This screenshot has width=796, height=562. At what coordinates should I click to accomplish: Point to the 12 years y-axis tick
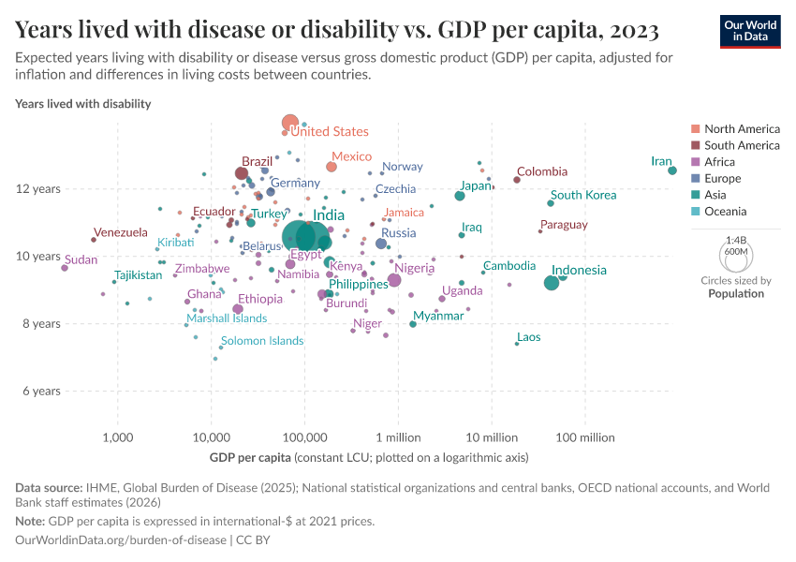click(x=41, y=189)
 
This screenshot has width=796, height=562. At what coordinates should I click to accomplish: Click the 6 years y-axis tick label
click(x=41, y=391)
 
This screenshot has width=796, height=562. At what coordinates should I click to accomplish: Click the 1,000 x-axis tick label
click(x=117, y=437)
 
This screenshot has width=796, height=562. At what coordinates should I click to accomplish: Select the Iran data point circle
click(x=672, y=170)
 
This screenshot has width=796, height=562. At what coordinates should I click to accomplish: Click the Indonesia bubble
click(x=552, y=283)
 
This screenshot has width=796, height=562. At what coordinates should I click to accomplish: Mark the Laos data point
click(x=517, y=344)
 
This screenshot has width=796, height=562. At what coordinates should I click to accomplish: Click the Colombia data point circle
click(x=517, y=180)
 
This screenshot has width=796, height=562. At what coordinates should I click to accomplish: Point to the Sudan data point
click(x=65, y=268)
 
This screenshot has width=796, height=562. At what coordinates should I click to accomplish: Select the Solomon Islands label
click(x=262, y=341)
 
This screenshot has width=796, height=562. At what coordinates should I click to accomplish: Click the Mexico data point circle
click(x=332, y=167)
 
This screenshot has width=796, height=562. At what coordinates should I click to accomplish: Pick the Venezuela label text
click(x=120, y=232)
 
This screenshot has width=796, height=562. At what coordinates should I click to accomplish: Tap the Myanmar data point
click(x=413, y=324)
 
